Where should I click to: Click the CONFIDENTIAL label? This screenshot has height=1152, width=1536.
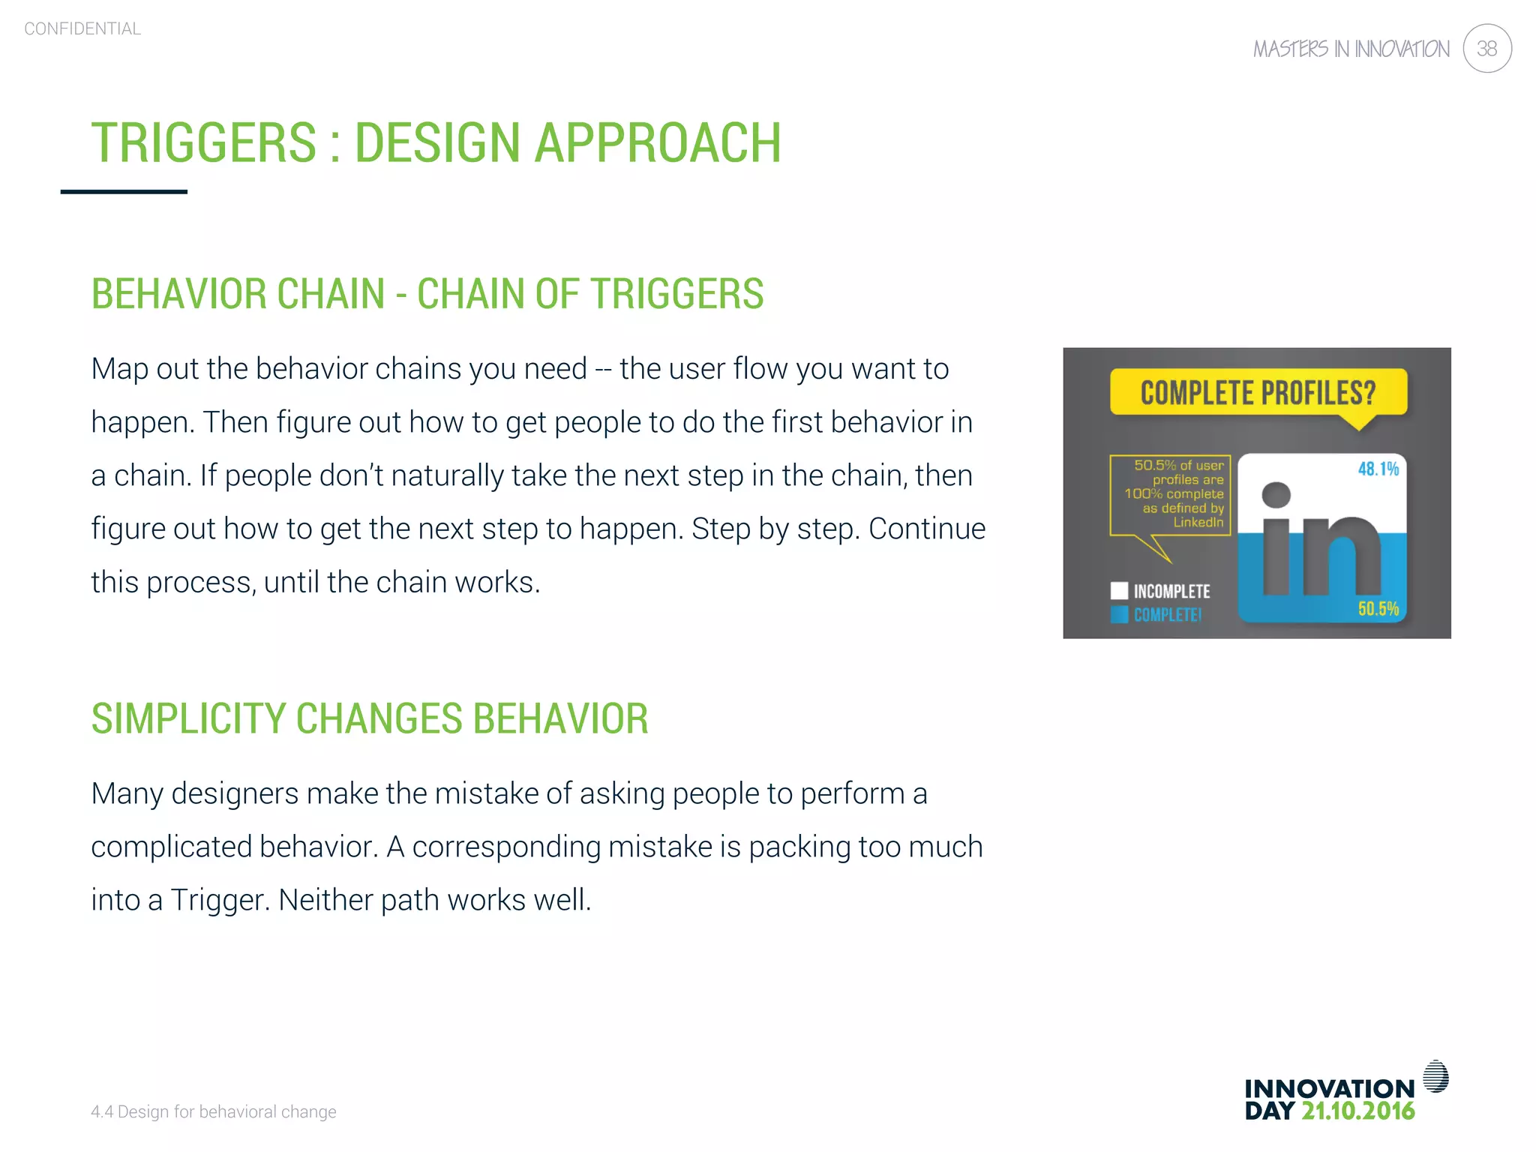pyautogui.click(x=82, y=28)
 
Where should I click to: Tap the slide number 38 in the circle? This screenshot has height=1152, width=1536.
pyautogui.click(x=1486, y=49)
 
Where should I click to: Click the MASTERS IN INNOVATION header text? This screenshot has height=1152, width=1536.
pyautogui.click(x=1351, y=49)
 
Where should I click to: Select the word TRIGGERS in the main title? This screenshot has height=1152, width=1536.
pyautogui.click(x=204, y=142)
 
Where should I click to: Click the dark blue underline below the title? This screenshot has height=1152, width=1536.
pyautogui.click(x=124, y=192)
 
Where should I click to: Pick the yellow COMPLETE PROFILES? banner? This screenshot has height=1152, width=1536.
pyautogui.click(x=1258, y=392)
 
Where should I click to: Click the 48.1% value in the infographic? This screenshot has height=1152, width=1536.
pyautogui.click(x=1378, y=469)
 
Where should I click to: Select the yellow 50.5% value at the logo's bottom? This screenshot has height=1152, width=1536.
pyautogui.click(x=1378, y=608)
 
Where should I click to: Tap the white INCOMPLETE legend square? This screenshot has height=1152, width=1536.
pyautogui.click(x=1119, y=591)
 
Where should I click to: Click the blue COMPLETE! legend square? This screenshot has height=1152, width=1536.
pyautogui.click(x=1119, y=614)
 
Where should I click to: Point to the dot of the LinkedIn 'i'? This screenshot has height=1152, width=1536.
pyautogui.click(x=1276, y=495)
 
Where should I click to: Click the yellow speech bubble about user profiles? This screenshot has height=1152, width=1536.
pyautogui.click(x=1171, y=494)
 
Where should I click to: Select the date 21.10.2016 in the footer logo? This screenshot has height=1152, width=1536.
pyautogui.click(x=1357, y=1111)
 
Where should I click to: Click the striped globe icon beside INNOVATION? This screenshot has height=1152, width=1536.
pyautogui.click(x=1435, y=1076)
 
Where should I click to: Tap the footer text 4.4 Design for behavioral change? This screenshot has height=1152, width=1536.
pyautogui.click(x=213, y=1111)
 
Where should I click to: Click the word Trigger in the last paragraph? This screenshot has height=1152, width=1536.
pyautogui.click(x=217, y=900)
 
